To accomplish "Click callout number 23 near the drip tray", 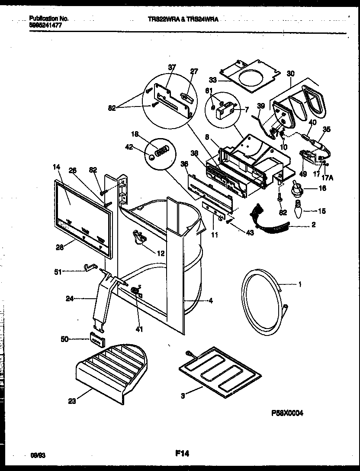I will (71, 401).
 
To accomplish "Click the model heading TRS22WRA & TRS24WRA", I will (181, 19).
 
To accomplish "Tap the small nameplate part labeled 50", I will (98, 341).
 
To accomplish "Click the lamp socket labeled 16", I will (297, 188).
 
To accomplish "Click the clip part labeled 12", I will (138, 236).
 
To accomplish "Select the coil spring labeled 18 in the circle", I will (161, 151).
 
